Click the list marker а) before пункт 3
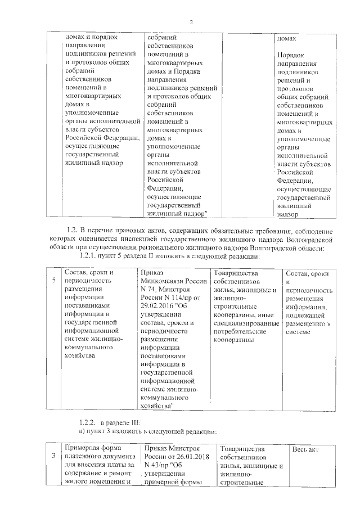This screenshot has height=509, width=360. [81, 431]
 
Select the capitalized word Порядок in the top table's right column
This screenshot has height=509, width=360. [291, 56]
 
